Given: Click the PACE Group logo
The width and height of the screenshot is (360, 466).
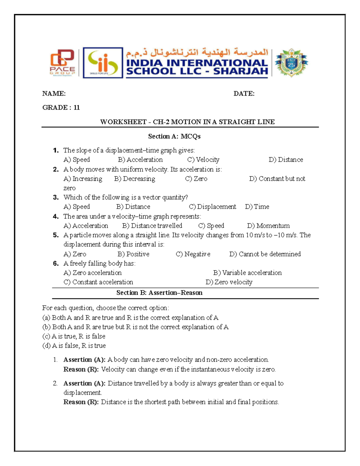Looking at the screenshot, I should pos(62,63).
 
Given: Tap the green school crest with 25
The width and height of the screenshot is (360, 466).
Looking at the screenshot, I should pos(291,63).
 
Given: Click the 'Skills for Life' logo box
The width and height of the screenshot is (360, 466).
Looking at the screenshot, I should pos(103,63).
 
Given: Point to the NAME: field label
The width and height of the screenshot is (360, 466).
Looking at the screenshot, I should pos(54,94).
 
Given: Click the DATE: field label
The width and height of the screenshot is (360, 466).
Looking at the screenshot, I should pos(244,94).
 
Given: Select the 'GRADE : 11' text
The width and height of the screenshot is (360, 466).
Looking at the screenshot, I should pos(61,107).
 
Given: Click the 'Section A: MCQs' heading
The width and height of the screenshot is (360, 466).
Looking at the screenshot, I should pos(174,137).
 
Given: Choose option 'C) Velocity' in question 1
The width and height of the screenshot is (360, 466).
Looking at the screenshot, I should pos(203,160).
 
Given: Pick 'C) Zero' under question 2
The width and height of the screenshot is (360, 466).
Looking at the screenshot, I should pos(196,179).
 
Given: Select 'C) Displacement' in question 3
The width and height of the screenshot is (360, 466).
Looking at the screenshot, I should pos(212,207).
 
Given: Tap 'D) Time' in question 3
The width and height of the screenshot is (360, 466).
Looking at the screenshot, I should pos(257,207).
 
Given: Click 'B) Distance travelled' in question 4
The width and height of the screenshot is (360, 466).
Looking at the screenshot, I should pos(152,226).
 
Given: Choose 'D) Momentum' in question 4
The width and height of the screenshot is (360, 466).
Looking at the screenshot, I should pos(268,226).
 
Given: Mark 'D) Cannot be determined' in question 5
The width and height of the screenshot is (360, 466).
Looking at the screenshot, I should pos(265,254).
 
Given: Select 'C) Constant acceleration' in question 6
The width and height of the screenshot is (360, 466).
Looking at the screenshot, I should pos(98,282).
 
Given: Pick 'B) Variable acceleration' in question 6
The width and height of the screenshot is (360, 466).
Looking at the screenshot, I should pos(247,273).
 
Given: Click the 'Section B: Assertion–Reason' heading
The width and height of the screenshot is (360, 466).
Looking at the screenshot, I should pos(159,293).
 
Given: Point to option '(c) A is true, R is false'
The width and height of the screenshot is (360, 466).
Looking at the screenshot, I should pos(74,336).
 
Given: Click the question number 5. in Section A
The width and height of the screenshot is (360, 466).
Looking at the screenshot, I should pos(56,235).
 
